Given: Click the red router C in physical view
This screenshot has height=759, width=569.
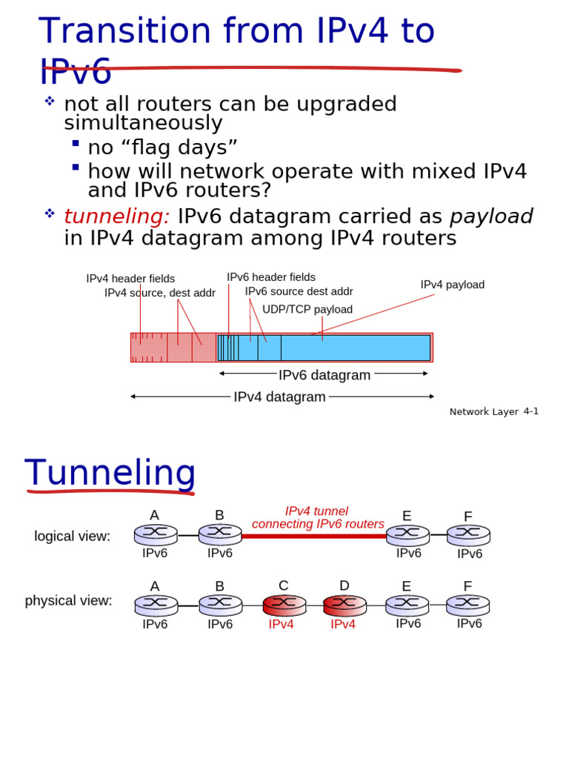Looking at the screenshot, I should click(284, 605).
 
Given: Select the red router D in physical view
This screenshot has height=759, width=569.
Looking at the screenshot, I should click(345, 605).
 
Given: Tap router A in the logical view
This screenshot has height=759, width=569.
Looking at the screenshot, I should click(156, 534).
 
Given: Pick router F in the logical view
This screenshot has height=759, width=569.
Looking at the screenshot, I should click(468, 534).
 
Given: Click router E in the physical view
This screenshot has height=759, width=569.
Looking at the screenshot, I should click(407, 605).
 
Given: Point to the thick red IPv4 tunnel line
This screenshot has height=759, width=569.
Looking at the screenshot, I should click(314, 535).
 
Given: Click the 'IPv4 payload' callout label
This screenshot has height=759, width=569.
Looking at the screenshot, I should click(452, 285).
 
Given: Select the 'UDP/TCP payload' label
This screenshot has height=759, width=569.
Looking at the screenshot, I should click(307, 309).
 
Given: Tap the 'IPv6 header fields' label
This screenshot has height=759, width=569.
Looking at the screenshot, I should click(271, 277).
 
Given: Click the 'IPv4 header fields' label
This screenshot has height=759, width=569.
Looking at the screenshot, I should click(130, 279).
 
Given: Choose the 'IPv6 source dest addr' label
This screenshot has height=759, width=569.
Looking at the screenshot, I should click(299, 291).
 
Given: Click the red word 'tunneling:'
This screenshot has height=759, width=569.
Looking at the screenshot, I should click(117, 216).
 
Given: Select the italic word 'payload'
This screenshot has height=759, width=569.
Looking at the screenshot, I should click(491, 216).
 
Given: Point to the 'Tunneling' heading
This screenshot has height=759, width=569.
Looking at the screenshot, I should click(110, 473).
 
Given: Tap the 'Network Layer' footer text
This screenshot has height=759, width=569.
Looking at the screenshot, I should click(484, 412).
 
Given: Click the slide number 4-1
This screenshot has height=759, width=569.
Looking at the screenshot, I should click(531, 411).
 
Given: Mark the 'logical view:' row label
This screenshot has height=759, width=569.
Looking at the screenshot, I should click(72, 536).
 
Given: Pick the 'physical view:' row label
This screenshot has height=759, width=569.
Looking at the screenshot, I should click(68, 600).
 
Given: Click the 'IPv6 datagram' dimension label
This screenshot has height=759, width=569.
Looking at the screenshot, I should click(325, 375).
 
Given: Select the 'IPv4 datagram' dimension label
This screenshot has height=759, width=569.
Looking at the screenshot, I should click(279, 397).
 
